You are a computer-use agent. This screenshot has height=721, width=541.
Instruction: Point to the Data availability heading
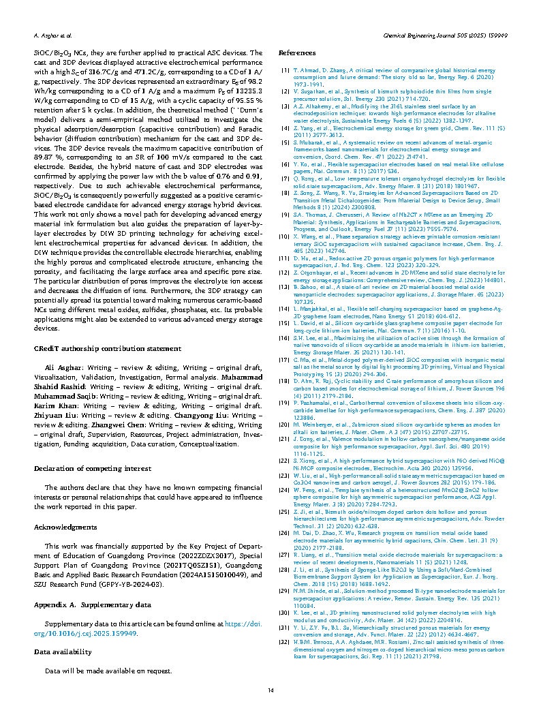[63, 651]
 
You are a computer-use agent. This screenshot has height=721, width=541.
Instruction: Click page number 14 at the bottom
[270, 691]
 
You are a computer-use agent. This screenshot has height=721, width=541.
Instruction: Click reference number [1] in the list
[285, 70]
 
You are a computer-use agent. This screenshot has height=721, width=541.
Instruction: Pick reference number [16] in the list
[285, 337]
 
